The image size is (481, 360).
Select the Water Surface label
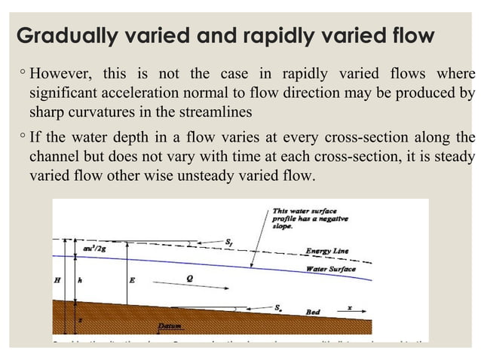(330, 269)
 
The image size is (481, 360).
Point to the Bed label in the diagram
(312, 311)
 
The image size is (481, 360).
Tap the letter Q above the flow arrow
(189, 277)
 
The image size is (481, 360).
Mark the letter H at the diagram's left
(57, 280)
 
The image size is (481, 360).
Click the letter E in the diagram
(132, 280)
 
